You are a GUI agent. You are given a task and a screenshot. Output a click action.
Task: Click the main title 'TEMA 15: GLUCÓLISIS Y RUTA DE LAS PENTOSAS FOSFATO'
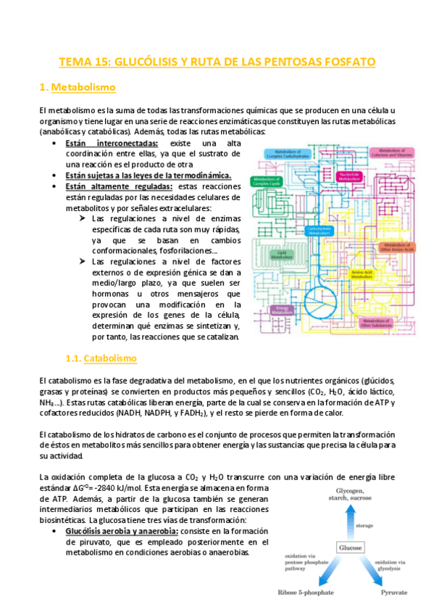click(217, 62)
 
